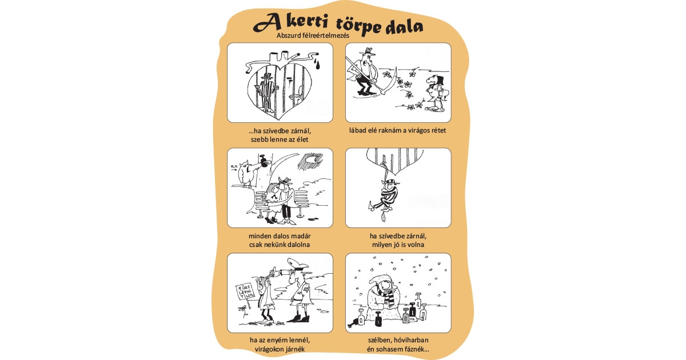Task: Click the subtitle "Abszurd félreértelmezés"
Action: [x=309, y=35]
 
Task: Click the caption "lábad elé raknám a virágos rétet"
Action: [x=398, y=130]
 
